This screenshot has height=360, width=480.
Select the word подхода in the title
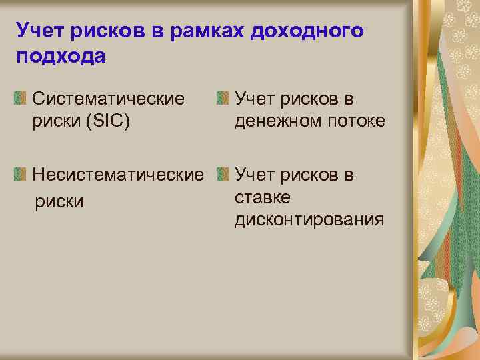[x=61, y=57]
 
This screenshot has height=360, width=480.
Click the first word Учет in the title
[x=37, y=31]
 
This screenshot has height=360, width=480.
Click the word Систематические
[x=109, y=99]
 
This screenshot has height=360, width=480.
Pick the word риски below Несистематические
[x=59, y=201]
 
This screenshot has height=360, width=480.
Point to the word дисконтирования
[x=309, y=220]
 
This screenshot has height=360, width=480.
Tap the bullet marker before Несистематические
[x=22, y=175]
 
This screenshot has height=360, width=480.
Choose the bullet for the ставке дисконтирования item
[x=223, y=175]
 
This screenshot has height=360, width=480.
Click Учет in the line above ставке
[x=253, y=175]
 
